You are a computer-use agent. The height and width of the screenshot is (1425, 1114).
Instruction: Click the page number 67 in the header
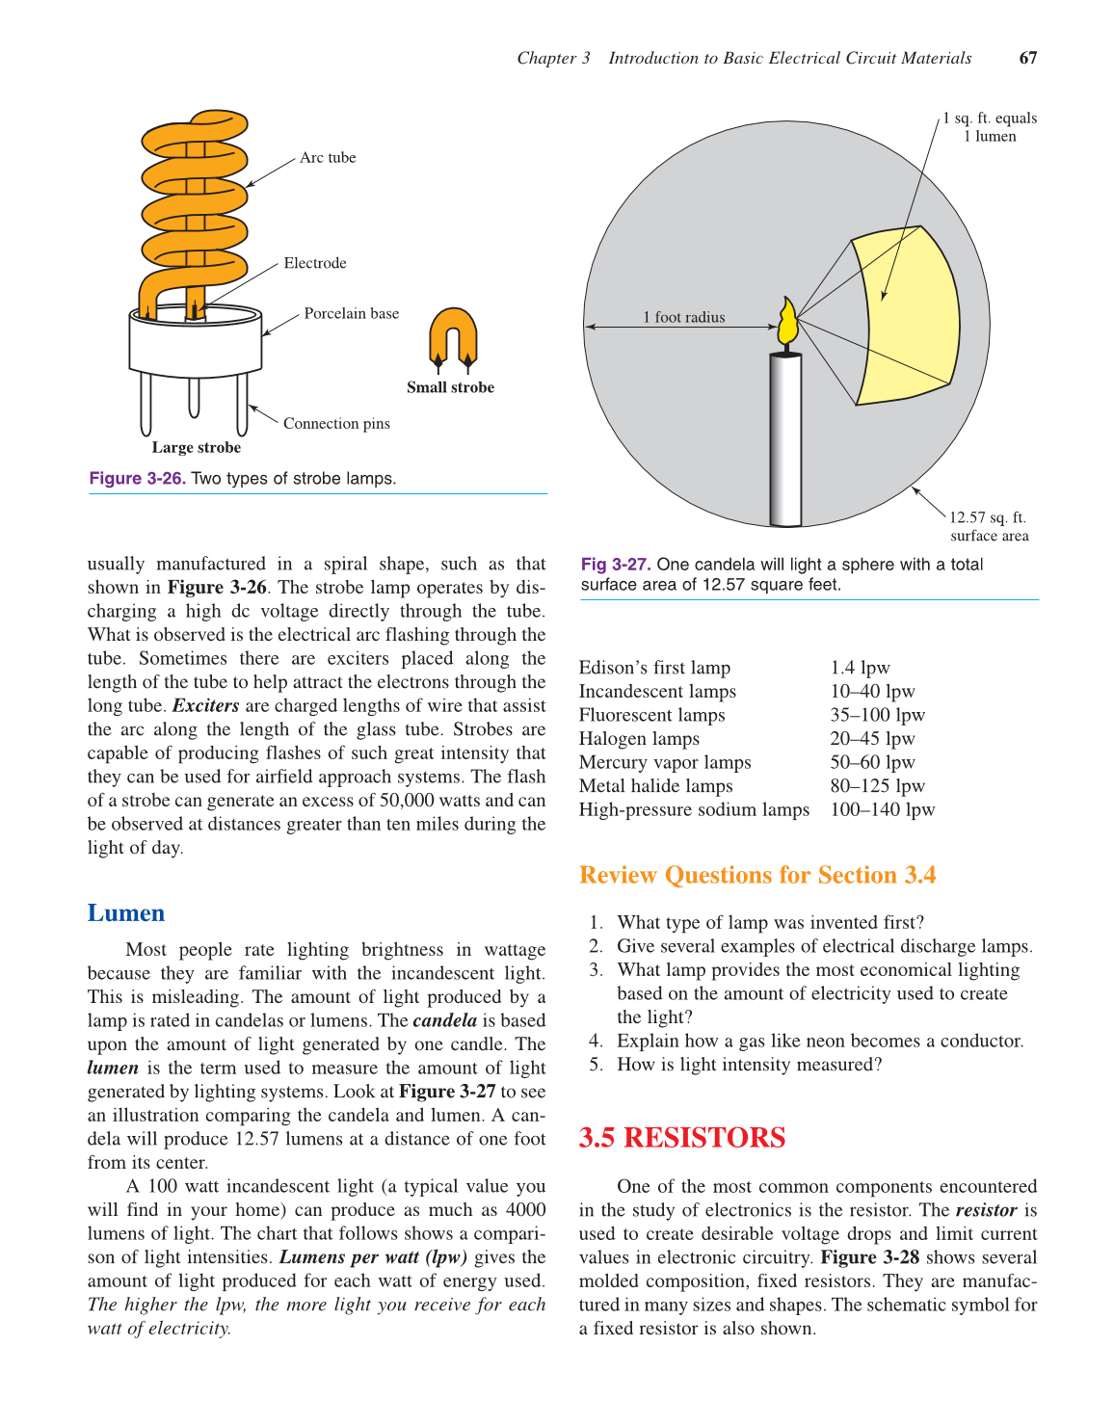[x=1027, y=58]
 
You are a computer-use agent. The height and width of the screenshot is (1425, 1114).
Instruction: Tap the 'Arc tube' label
[x=328, y=158]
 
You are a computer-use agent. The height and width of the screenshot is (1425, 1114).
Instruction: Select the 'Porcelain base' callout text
[x=351, y=314]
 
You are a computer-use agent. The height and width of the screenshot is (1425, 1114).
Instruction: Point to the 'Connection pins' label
[x=336, y=424]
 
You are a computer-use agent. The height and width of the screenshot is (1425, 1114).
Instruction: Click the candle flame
[x=787, y=322]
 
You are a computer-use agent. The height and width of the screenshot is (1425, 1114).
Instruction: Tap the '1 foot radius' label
[x=683, y=317]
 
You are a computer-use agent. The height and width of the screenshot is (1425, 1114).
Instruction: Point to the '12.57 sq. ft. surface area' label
[x=988, y=527]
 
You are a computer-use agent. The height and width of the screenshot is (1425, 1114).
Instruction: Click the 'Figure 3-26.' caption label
[x=137, y=479]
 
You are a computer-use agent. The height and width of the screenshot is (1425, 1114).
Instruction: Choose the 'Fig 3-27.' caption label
[x=616, y=565]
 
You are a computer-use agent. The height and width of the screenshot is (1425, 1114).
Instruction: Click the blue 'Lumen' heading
[x=126, y=913]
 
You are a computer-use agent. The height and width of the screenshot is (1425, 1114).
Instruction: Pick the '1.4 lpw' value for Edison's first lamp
[x=860, y=668]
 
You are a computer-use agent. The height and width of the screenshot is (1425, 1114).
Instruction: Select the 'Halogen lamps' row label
[x=639, y=739]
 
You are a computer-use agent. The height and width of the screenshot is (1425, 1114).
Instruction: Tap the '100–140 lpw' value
[x=882, y=810]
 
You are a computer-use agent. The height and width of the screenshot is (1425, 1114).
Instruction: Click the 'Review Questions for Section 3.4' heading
[x=757, y=875]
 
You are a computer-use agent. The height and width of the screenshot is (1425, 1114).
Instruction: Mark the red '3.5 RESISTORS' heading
[x=682, y=1138]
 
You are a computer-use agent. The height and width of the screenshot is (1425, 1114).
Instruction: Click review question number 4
[x=819, y=1042]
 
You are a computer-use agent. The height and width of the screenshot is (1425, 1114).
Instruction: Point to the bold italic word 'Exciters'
[x=205, y=705]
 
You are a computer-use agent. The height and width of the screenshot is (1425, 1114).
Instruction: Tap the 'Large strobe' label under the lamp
[x=197, y=447]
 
